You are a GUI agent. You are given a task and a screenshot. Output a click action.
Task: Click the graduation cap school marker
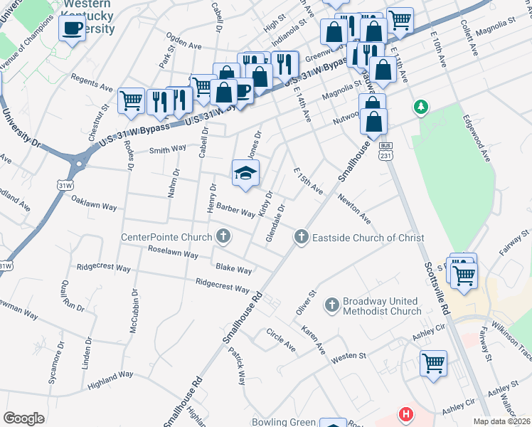[245, 173]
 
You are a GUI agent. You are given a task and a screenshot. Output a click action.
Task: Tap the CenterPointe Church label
[166, 237]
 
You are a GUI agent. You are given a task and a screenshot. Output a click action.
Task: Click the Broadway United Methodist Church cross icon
[331, 305]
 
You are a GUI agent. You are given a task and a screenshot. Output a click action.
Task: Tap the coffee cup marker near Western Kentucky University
[72, 28]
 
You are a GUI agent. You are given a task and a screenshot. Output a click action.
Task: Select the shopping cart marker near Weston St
[433, 363]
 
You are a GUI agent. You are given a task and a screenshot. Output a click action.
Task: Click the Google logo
[23, 418]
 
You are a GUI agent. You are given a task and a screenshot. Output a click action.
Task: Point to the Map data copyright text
[502, 421]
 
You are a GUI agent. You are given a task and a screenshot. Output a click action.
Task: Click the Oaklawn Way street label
[94, 206]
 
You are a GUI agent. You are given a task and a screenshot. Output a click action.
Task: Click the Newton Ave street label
[353, 208]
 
